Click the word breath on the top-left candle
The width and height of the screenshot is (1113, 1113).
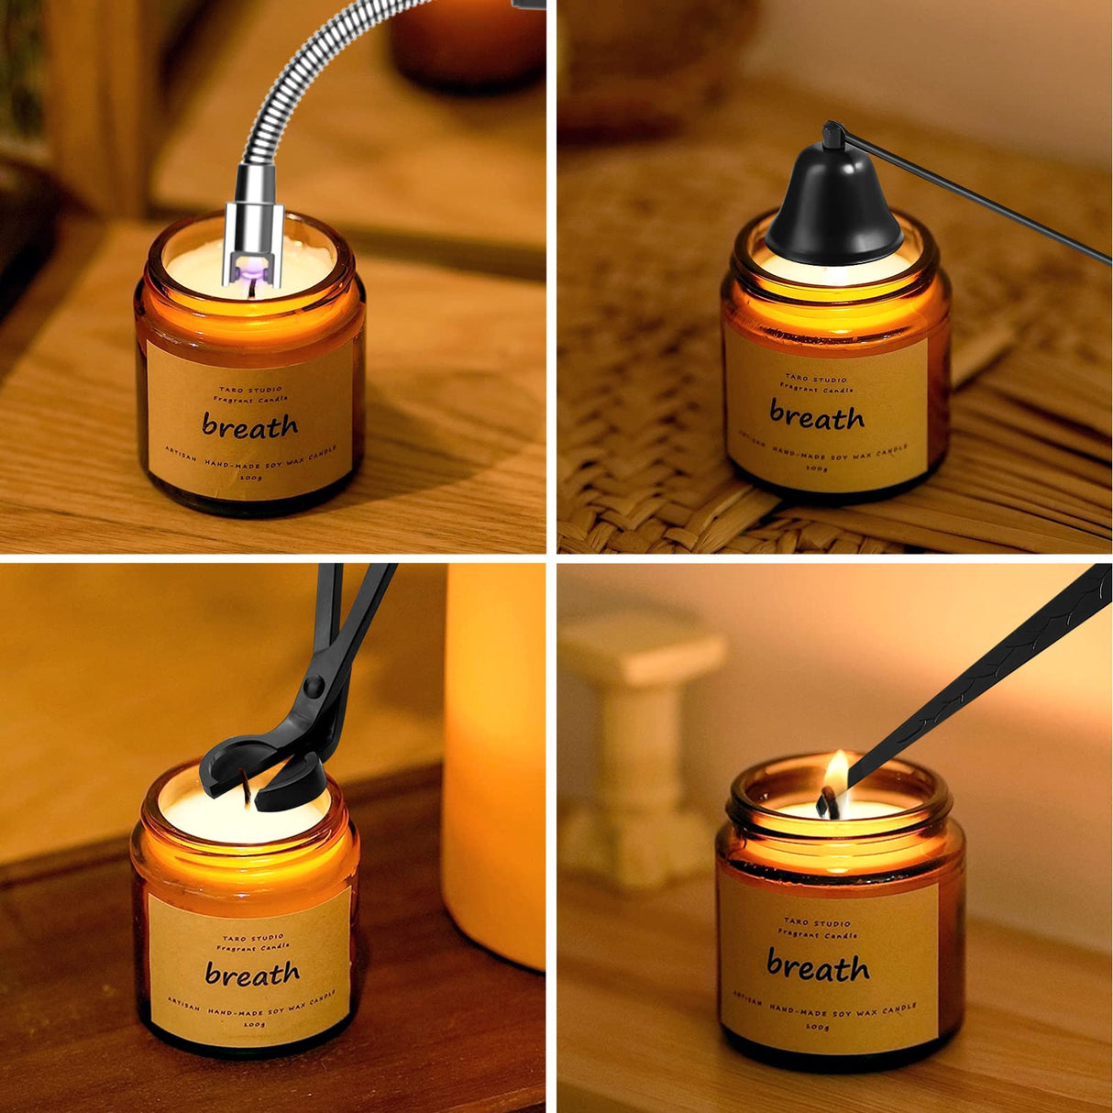click(x=249, y=425)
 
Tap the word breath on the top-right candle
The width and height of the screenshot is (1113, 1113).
click(x=816, y=417)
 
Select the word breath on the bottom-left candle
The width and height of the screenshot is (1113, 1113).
click(x=252, y=974)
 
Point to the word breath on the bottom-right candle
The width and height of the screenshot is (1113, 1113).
click(x=818, y=966)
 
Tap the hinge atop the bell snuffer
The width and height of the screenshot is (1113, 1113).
click(x=832, y=136)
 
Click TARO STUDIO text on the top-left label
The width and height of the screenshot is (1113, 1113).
click(x=250, y=390)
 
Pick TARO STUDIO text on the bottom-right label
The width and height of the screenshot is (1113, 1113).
click(x=817, y=922)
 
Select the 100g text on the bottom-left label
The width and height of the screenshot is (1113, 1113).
click(x=251, y=1023)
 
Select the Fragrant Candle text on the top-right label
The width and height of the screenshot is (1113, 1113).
click(x=816, y=390)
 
